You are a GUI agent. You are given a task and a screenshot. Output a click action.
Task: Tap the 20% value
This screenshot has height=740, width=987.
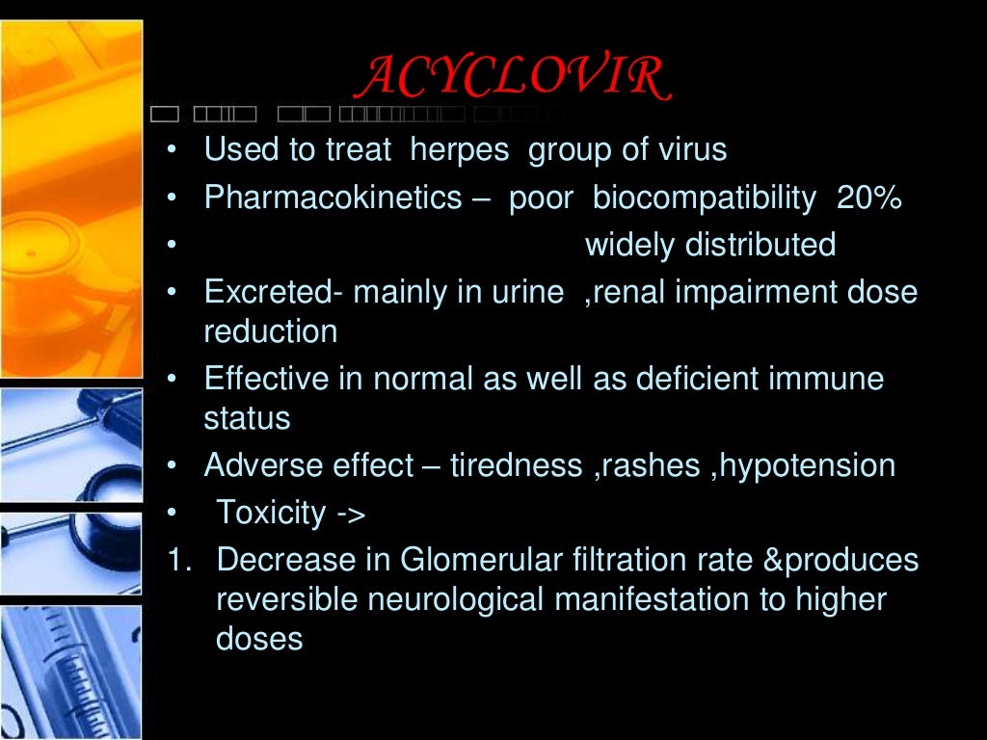coord(869,198)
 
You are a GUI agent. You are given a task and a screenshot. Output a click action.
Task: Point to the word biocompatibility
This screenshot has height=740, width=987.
coord(705,198)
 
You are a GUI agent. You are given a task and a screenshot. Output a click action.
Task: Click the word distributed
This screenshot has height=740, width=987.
coord(760,246)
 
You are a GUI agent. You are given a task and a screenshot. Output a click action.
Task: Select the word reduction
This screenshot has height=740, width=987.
coord(271,332)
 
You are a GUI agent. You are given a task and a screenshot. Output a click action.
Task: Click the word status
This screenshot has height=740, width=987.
coord(247,419)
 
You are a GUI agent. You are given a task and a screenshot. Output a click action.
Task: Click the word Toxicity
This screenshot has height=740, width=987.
coord(272,513)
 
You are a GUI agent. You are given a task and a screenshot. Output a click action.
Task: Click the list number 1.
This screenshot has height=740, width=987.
coord(179,560)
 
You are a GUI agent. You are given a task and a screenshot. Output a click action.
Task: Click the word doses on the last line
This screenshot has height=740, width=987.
coord(259,639)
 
